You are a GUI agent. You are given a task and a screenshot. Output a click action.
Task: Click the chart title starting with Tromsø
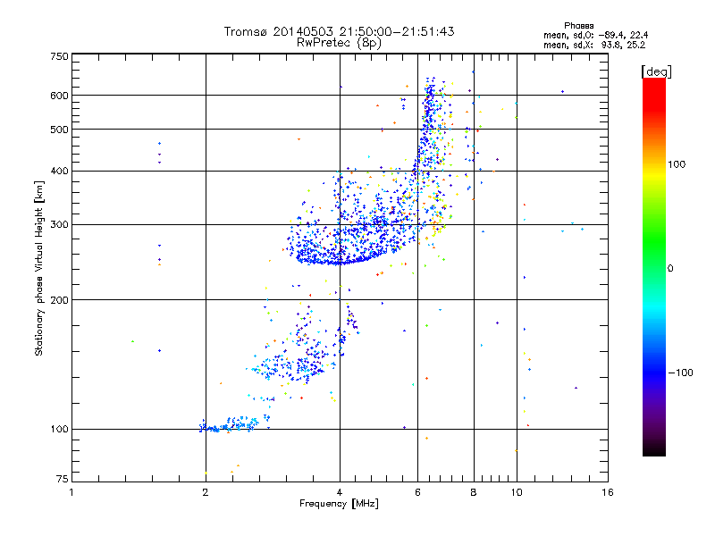pyautogui.click(x=340, y=31)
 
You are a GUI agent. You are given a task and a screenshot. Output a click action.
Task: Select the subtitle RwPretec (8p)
pyautogui.click(x=340, y=42)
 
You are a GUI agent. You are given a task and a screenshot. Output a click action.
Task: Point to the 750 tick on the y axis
pyautogui.click(x=59, y=55)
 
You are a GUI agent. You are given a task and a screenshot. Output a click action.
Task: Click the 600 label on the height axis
pyautogui.click(x=59, y=96)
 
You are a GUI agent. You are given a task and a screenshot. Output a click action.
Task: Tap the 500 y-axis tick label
pyautogui.click(x=59, y=130)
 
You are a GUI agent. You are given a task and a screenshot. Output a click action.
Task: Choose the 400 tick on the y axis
pyautogui.click(x=59, y=171)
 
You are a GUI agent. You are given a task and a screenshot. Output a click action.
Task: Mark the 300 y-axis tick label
pyautogui.click(x=59, y=225)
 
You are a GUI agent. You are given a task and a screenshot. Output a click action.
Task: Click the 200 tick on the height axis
pyautogui.click(x=59, y=300)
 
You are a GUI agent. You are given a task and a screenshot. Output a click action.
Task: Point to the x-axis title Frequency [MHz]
pyautogui.click(x=339, y=505)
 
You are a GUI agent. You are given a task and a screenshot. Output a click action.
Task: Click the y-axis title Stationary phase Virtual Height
pyautogui.click(x=39, y=268)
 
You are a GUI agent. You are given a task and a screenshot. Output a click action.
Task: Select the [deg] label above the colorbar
pyautogui.click(x=657, y=71)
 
